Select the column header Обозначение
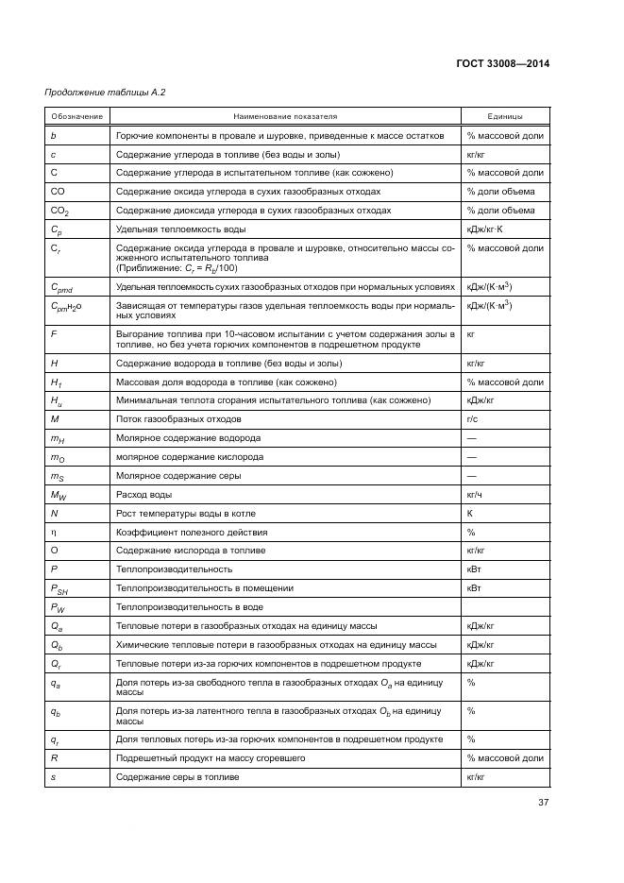pos(76,116)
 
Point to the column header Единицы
pos(504,116)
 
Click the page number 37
pos(543,803)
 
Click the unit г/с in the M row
pos(473,418)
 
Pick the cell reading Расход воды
pos(141,494)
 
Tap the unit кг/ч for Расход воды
pos(475,494)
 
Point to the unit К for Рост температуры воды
pos(469,513)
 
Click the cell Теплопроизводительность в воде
pos(189,607)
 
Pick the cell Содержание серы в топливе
pos(177,776)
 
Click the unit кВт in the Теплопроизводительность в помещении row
pos(474,587)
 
